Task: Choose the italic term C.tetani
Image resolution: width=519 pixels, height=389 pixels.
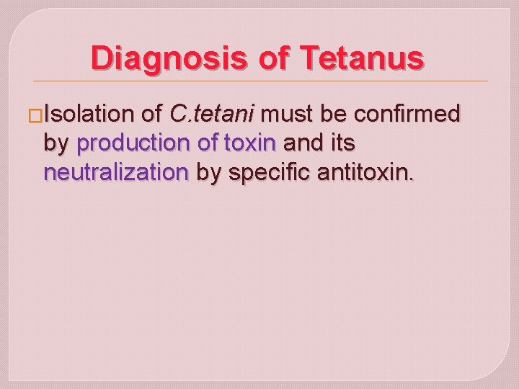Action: [215, 114]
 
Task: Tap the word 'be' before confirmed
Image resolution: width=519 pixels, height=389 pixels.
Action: [335, 114]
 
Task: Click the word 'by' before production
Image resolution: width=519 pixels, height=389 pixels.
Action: [56, 145]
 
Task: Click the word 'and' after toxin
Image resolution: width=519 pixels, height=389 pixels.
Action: [303, 144]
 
